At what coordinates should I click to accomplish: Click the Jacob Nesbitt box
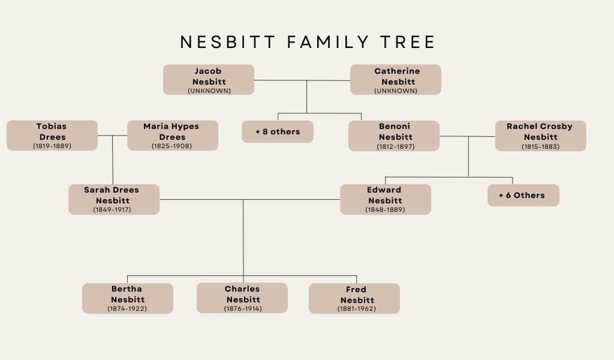(x=208, y=80)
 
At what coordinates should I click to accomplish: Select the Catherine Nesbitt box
(x=396, y=80)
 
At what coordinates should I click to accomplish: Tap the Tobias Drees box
(x=52, y=135)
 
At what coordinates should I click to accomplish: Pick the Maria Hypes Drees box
(x=173, y=135)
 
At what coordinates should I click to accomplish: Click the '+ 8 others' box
(x=278, y=131)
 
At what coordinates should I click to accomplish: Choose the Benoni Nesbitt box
(x=394, y=136)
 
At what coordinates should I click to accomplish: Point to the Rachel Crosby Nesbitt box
(x=540, y=136)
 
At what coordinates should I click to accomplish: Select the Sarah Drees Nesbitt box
(x=114, y=199)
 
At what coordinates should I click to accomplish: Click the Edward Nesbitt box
(x=386, y=199)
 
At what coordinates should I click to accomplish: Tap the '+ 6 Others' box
(x=523, y=195)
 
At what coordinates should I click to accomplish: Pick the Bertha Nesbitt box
(x=128, y=298)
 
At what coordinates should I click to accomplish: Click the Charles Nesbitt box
(x=242, y=298)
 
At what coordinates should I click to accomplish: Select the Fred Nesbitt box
(x=354, y=298)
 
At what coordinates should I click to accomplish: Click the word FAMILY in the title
(x=328, y=42)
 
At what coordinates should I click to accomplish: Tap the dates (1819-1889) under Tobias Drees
(x=52, y=146)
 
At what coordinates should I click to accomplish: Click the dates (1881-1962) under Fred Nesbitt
(x=357, y=308)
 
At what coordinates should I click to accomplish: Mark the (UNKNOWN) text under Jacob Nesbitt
(x=209, y=91)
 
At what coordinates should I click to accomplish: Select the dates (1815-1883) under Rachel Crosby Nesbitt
(x=540, y=146)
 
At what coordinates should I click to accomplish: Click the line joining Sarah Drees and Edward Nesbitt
(x=250, y=199)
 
